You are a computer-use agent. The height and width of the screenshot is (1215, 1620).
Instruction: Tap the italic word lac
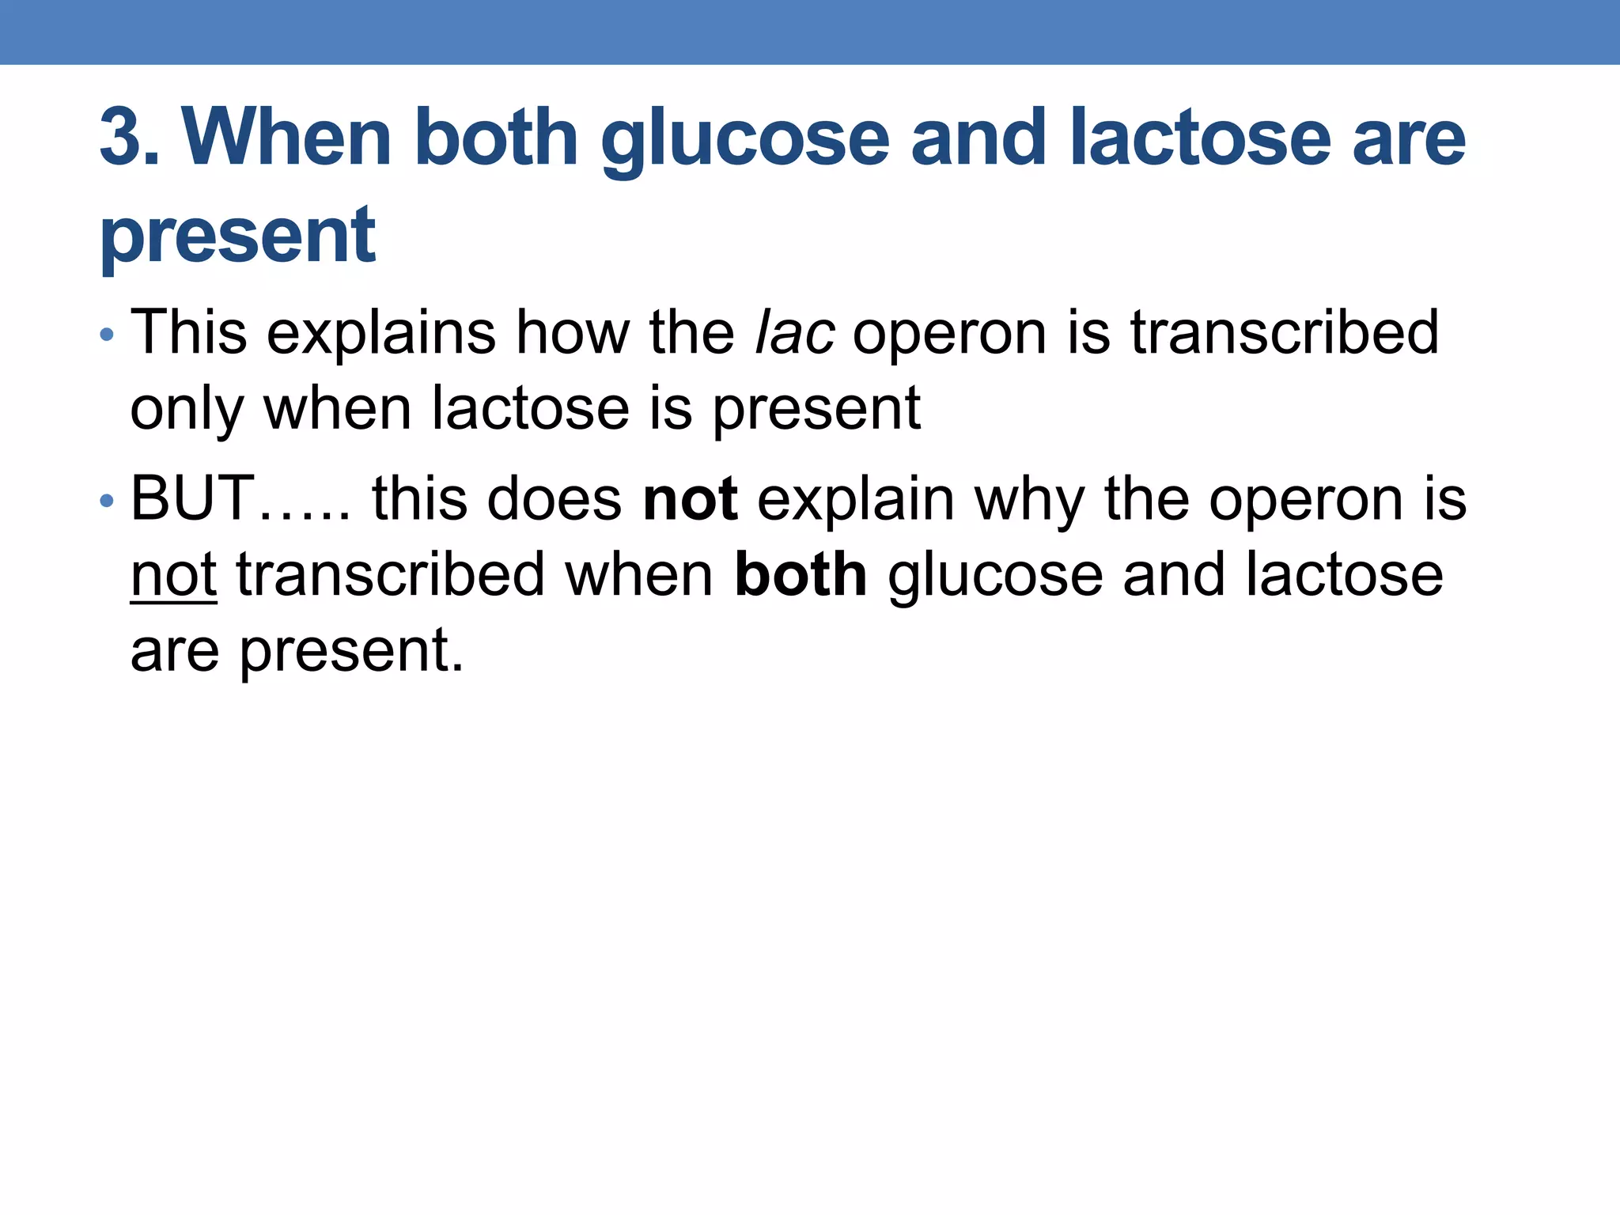pyautogui.click(x=794, y=332)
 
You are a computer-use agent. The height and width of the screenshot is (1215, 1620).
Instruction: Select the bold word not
pyautogui.click(x=691, y=499)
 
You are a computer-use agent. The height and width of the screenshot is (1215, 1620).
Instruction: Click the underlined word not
pyautogui.click(x=173, y=575)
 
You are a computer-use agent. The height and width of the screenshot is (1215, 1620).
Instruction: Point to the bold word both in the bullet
pyautogui.click(x=801, y=575)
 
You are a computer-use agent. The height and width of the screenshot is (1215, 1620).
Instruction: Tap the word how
pyautogui.click(x=573, y=332)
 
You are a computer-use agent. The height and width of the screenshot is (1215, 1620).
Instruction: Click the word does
pyautogui.click(x=555, y=499)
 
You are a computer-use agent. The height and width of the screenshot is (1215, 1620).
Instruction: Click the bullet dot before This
pyautogui.click(x=108, y=335)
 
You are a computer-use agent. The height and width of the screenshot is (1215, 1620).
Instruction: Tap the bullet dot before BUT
pyautogui.click(x=108, y=502)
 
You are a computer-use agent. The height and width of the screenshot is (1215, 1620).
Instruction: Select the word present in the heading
pyautogui.click(x=237, y=235)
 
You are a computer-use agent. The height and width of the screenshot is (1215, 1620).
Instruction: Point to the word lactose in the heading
pyautogui.click(x=1200, y=138)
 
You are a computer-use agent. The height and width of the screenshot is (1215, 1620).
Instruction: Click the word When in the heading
pyautogui.click(x=286, y=138)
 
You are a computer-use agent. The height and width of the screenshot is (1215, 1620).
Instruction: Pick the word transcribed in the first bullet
pyautogui.click(x=1284, y=332)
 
